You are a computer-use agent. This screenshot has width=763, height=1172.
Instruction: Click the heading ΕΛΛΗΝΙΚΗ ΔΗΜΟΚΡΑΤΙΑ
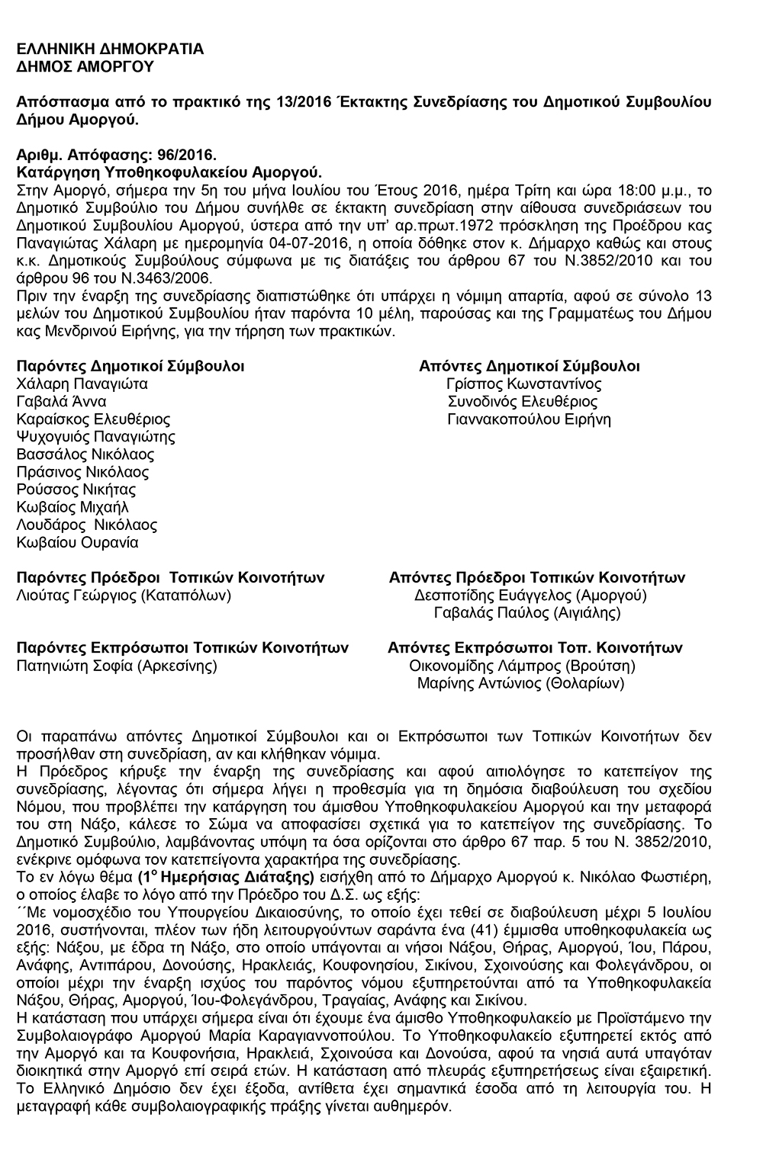click(110, 50)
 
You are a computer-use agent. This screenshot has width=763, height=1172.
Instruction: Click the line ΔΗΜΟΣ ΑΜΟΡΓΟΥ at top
click(85, 66)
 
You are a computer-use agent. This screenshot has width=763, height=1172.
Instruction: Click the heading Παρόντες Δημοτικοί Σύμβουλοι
click(130, 366)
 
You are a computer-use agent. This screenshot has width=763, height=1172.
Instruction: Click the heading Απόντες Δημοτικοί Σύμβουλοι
click(530, 366)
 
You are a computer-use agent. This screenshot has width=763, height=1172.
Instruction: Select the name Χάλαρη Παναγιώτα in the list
click(82, 384)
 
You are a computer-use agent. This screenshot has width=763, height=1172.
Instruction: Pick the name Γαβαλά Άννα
click(61, 402)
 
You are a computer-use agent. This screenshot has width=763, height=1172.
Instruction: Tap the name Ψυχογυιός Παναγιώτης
click(96, 437)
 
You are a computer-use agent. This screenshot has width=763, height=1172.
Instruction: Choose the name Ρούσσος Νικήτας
click(76, 490)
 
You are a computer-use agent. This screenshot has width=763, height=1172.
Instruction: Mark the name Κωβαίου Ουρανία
click(78, 543)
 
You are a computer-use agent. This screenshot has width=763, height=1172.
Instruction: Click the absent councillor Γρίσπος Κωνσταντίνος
click(524, 384)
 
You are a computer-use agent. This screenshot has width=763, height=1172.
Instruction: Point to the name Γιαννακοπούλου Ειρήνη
click(530, 419)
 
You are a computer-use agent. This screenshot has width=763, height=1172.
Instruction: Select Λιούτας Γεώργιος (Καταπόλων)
click(124, 596)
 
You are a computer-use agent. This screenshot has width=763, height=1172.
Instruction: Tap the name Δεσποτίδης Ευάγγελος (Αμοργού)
click(530, 596)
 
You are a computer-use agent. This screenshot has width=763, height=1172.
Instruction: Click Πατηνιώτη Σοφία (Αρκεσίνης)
click(118, 666)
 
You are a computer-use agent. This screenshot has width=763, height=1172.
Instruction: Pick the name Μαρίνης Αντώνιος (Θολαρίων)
click(520, 683)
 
